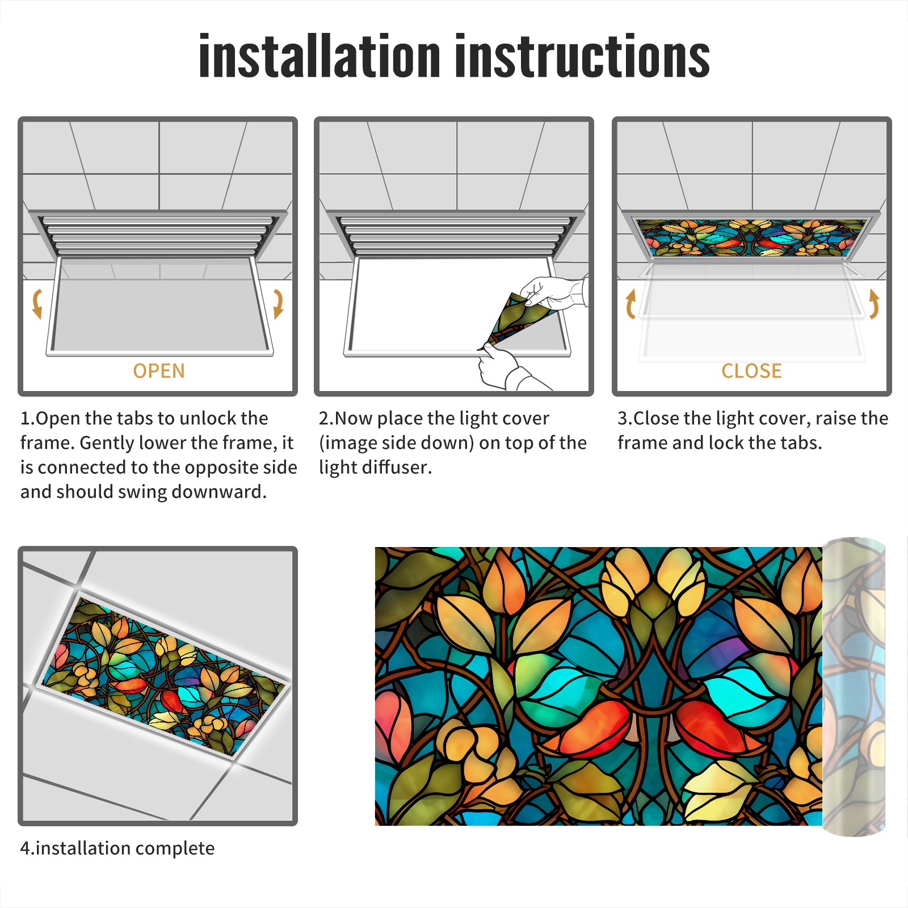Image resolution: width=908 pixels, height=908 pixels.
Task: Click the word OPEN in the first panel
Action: click(159, 371)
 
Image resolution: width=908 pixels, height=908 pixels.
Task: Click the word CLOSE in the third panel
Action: click(751, 371)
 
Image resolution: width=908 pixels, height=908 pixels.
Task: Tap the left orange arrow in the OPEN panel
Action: click(37, 304)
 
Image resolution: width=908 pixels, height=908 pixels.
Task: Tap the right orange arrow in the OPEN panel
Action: click(278, 304)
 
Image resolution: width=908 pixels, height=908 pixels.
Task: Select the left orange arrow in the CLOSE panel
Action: click(630, 304)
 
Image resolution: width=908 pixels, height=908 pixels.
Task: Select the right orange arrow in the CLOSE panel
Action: click(874, 304)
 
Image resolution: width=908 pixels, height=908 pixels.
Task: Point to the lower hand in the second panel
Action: click(508, 369)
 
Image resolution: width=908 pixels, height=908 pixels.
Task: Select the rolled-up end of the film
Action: click(854, 687)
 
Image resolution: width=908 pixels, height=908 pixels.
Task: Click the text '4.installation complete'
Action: click(117, 848)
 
